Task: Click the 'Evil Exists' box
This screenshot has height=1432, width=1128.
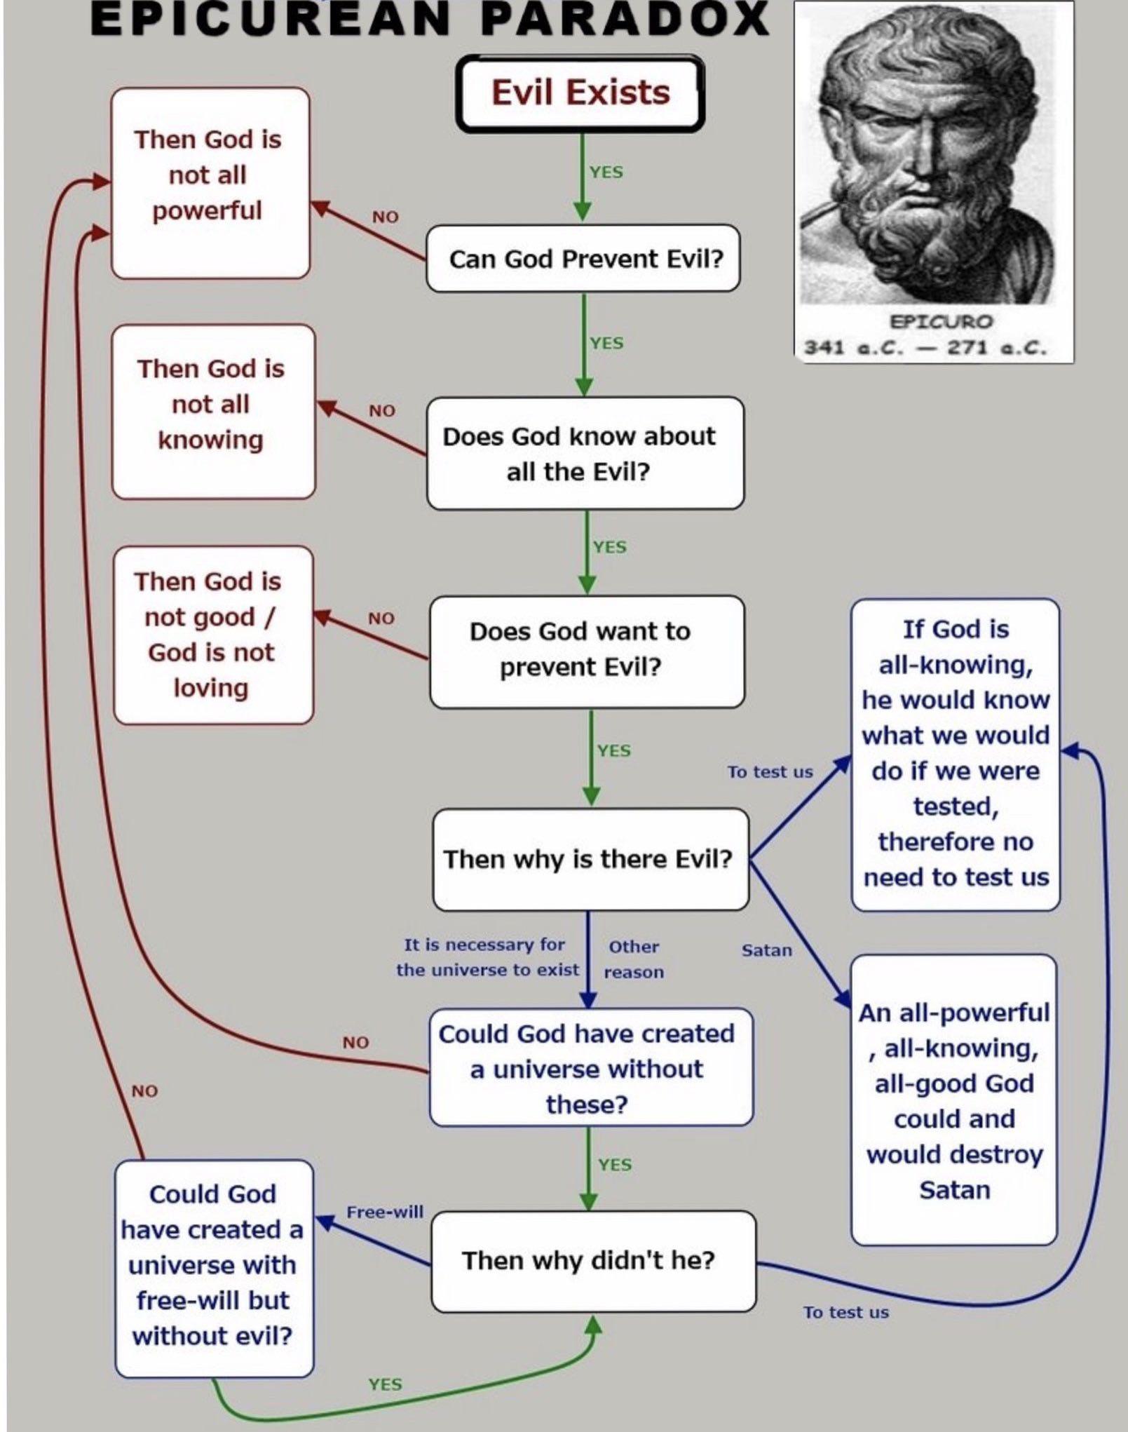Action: (580, 94)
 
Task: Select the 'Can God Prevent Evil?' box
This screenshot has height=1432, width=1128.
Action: (583, 258)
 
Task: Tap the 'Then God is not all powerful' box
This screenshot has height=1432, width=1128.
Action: (210, 182)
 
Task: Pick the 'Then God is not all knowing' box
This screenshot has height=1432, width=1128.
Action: (213, 412)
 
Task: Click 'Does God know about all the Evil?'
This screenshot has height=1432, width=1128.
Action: (585, 453)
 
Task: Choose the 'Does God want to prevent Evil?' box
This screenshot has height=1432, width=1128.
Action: (587, 651)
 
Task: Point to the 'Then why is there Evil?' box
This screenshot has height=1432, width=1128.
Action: (590, 859)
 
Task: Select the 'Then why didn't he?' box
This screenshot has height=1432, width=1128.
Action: (593, 1260)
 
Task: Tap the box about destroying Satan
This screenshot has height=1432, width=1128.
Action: (953, 1100)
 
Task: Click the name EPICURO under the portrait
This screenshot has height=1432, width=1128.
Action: (941, 322)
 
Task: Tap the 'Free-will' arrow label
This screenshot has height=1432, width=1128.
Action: (385, 1212)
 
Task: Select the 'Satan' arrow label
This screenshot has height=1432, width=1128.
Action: (767, 950)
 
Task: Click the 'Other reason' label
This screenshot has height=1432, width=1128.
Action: (634, 959)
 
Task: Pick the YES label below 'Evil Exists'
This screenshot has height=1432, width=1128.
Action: (606, 172)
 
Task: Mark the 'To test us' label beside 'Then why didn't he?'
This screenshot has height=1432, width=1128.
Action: (845, 1312)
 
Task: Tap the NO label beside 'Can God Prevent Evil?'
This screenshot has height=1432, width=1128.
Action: (385, 217)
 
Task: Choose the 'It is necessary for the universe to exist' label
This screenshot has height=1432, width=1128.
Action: (487, 957)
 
